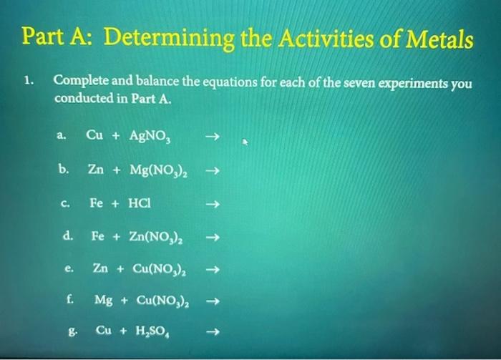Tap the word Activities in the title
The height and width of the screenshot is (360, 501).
pos(317,39)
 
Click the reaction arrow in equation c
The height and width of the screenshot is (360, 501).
pos(210,203)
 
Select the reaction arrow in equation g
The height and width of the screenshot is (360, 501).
pos(210,333)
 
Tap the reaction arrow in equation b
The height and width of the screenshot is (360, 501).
pos(210,171)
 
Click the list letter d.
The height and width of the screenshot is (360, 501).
pos(66,234)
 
